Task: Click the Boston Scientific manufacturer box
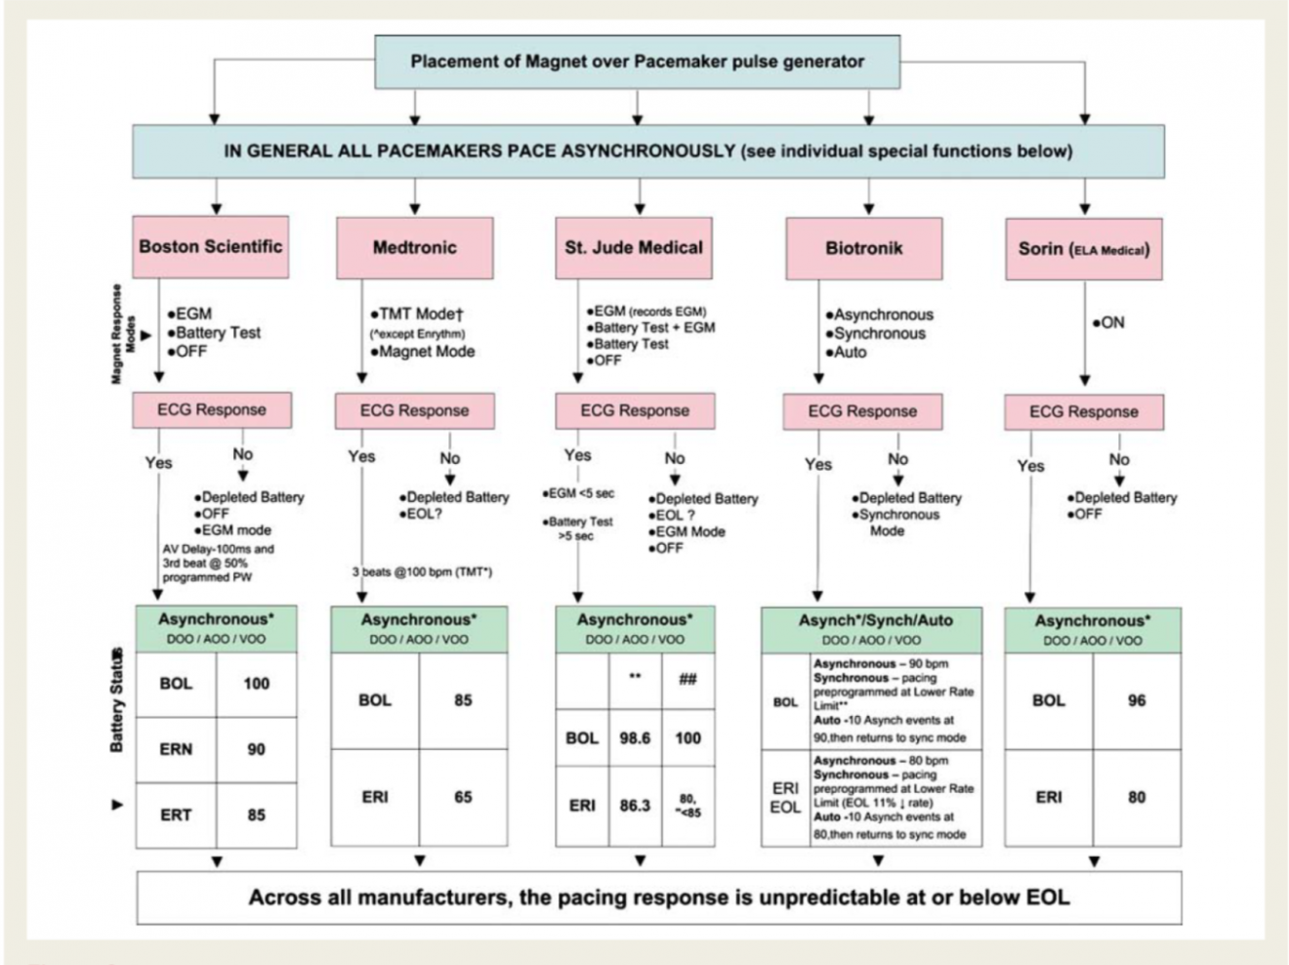click(211, 246)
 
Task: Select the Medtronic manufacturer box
click(414, 247)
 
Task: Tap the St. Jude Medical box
click(634, 247)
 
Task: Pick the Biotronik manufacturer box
click(863, 248)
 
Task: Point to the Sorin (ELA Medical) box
click(1084, 249)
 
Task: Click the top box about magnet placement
click(637, 62)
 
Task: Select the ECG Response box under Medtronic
click(414, 411)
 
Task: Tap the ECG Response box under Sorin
click(1084, 412)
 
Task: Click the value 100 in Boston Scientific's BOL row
click(256, 684)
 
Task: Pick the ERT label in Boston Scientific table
click(176, 815)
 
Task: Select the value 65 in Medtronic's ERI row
click(463, 797)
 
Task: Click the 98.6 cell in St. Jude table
click(635, 738)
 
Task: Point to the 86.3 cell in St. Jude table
click(635, 806)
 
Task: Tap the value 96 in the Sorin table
click(1137, 700)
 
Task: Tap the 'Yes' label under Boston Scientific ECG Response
click(158, 463)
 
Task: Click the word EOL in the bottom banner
click(1047, 897)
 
